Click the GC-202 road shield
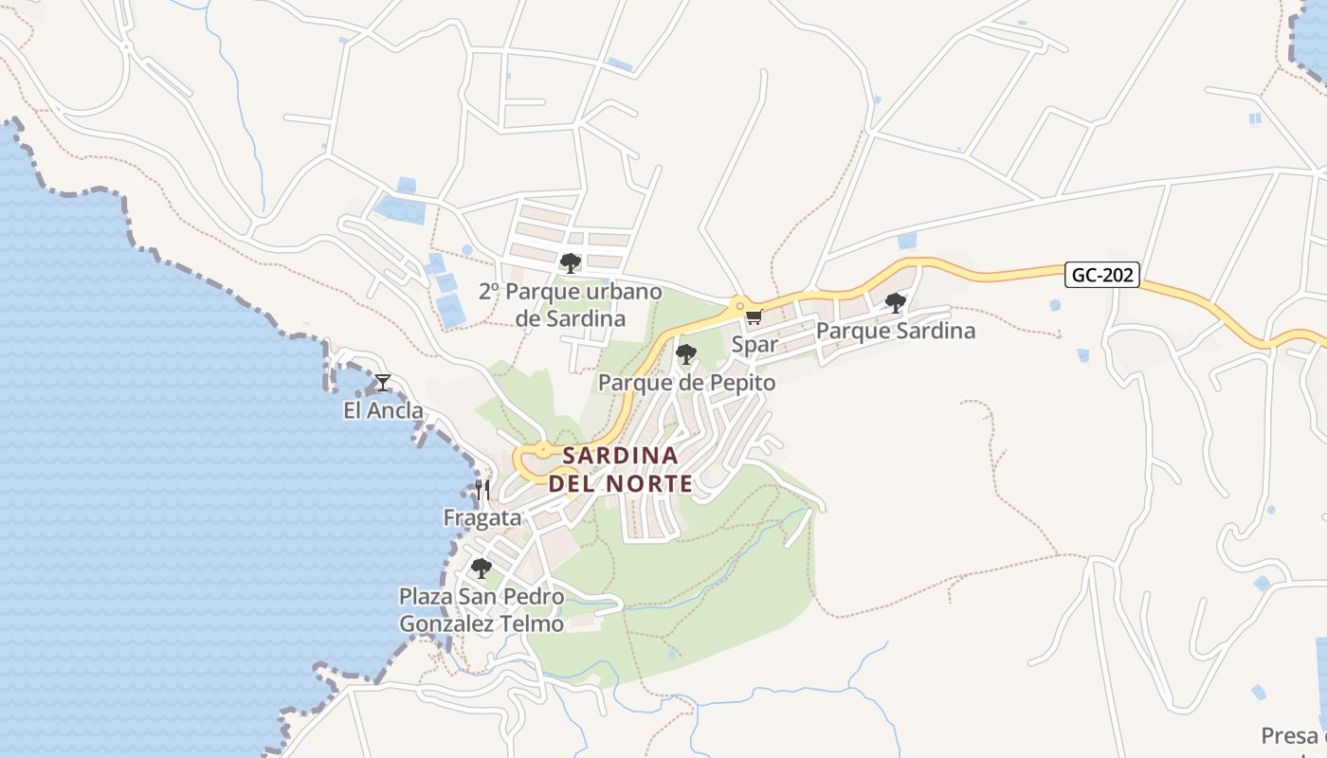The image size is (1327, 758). coord(1102,276)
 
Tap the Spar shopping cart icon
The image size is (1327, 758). coord(754,317)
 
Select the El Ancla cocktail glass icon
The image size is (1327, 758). coord(382,383)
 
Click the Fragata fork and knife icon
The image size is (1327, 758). coord(482,490)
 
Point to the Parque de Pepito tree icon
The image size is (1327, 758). coord(686,354)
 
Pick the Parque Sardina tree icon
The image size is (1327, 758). coord(895,303)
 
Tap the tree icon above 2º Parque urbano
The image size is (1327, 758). coord(570,262)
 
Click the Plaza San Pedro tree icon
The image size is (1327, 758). coord(482,568)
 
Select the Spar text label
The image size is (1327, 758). coord(754,345)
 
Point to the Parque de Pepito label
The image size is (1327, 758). coord(687,383)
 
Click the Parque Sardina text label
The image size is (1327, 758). coord(895,332)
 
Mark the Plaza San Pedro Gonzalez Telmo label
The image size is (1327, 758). coord(482,611)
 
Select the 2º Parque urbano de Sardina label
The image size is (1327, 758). coord(570,305)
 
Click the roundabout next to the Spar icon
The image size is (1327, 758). coord(737,304)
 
